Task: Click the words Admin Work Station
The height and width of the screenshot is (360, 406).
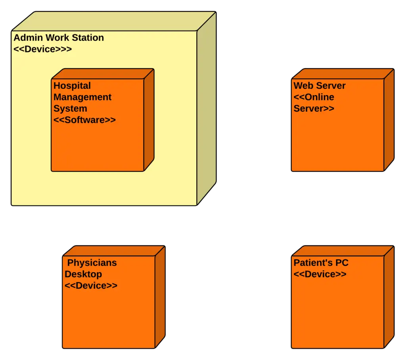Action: coord(59,38)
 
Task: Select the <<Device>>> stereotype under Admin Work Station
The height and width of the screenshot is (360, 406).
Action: coord(42,50)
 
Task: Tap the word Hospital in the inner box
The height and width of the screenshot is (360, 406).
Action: coord(72,86)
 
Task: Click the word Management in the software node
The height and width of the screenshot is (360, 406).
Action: coord(82,97)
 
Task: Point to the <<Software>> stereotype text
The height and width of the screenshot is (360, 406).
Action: coord(84,120)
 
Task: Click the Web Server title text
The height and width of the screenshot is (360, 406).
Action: coord(319,86)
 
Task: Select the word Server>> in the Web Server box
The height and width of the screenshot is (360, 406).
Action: coord(314,109)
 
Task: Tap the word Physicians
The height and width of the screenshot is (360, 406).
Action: coord(92,263)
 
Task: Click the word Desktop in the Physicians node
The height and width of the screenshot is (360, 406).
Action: coord(83,274)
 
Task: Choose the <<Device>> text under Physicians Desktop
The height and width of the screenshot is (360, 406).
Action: coord(91,286)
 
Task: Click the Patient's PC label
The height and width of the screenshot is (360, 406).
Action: coord(321,263)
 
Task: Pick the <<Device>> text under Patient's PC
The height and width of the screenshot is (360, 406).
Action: coord(320,274)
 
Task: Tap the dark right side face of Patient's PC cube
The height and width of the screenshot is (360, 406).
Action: coord(389,297)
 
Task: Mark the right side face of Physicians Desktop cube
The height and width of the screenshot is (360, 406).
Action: coord(159,297)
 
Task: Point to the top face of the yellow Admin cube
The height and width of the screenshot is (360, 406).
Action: coord(115,21)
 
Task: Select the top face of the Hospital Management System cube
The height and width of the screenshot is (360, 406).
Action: coord(103,74)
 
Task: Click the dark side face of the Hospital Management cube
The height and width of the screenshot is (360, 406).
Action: coord(149,119)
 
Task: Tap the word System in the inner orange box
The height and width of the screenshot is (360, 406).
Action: coord(70,109)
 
